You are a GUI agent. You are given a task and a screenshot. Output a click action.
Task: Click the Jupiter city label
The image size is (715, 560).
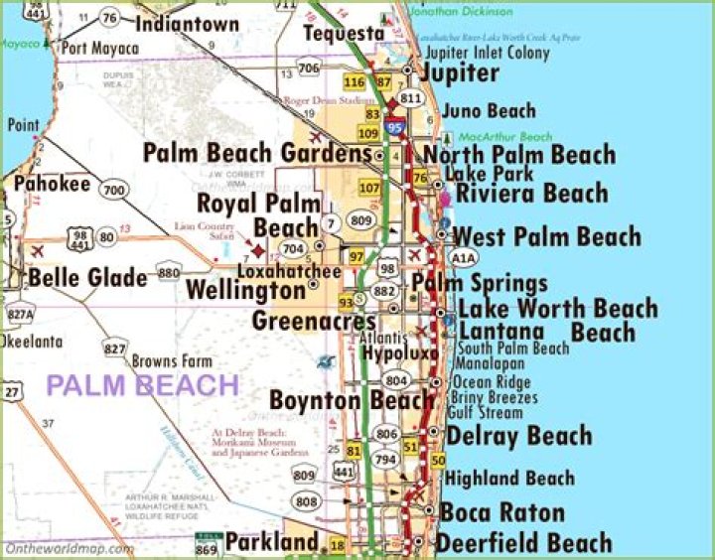click(460, 73)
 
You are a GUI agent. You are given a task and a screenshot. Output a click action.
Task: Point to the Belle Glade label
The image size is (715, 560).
click(87, 277)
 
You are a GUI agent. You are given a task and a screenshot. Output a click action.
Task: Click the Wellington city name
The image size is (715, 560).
click(246, 291)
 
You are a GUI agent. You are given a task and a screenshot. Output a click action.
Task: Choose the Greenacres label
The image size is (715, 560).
click(314, 322)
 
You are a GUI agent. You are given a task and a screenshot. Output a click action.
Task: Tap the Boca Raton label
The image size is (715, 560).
click(502, 513)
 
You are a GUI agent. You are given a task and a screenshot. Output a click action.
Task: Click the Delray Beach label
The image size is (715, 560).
click(518, 436)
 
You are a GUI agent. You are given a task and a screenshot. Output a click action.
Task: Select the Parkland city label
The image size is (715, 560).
click(271, 542)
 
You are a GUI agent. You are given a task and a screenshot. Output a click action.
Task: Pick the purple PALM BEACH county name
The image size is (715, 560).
click(144, 385)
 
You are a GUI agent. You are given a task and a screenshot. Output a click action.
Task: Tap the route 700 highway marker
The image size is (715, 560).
click(114, 190)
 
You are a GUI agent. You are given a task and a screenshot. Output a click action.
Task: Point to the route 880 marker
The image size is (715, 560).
click(169, 273)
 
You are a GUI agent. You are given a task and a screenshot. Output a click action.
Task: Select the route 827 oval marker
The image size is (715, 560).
click(116, 349)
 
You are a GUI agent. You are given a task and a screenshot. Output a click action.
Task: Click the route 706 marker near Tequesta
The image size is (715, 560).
click(309, 68)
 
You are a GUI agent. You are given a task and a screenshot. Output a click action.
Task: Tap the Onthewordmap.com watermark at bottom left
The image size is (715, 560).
click(69, 548)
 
